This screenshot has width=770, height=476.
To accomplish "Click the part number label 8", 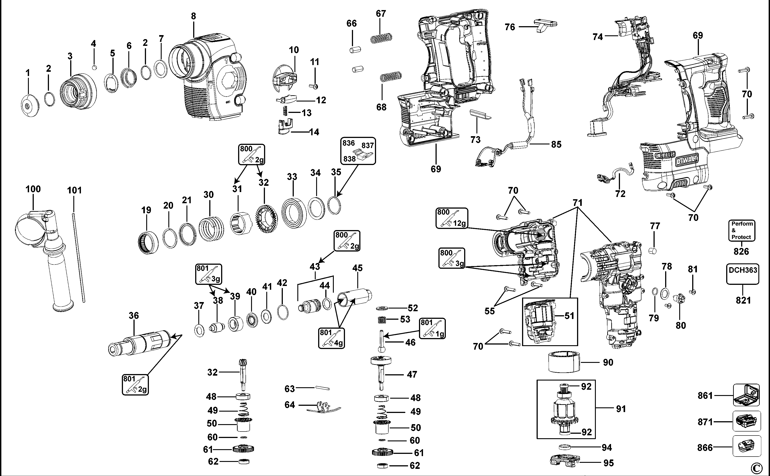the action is [193, 16].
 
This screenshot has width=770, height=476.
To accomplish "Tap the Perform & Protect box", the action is [742, 231].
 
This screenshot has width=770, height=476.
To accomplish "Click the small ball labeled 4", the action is [94, 67].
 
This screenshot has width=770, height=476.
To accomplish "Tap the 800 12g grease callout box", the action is [451, 218].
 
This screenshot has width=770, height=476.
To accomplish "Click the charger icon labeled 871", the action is [746, 421].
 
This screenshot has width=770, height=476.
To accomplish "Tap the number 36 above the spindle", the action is [134, 315].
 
